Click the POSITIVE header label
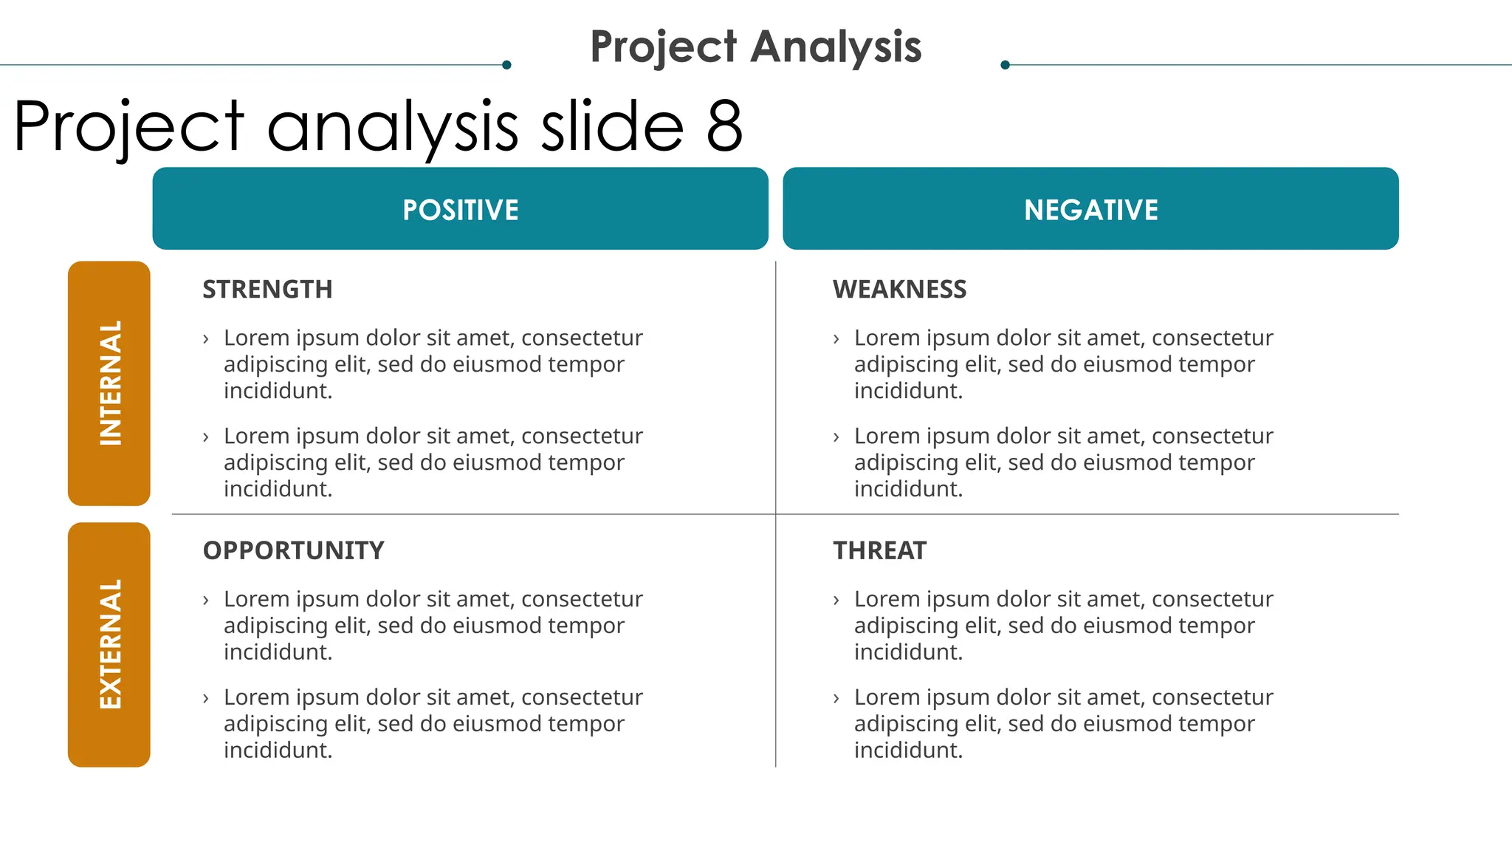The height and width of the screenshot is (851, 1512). [460, 210]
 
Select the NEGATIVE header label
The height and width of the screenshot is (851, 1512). [1090, 210]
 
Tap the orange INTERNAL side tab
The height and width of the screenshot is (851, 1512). [109, 383]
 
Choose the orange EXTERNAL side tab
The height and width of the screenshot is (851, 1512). [109, 644]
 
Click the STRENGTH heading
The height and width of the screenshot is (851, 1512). [267, 289]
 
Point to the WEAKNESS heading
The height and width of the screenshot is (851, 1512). [899, 289]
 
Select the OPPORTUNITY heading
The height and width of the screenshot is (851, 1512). [293, 550]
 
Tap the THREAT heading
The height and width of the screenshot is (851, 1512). [879, 550]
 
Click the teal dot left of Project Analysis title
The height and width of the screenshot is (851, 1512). [506, 65]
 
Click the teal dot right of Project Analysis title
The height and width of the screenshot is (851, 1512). [1005, 65]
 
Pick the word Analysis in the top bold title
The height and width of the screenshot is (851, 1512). [836, 47]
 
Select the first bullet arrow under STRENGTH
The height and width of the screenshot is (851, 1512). [206, 339]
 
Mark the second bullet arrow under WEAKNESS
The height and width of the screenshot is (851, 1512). [836, 437]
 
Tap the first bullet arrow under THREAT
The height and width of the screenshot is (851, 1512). [836, 600]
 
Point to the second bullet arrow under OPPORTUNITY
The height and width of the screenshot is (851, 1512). [206, 698]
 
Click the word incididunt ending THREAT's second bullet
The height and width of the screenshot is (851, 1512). [907, 751]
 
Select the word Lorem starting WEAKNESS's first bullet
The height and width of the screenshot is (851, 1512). [887, 338]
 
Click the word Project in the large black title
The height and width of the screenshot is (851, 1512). [129, 127]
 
